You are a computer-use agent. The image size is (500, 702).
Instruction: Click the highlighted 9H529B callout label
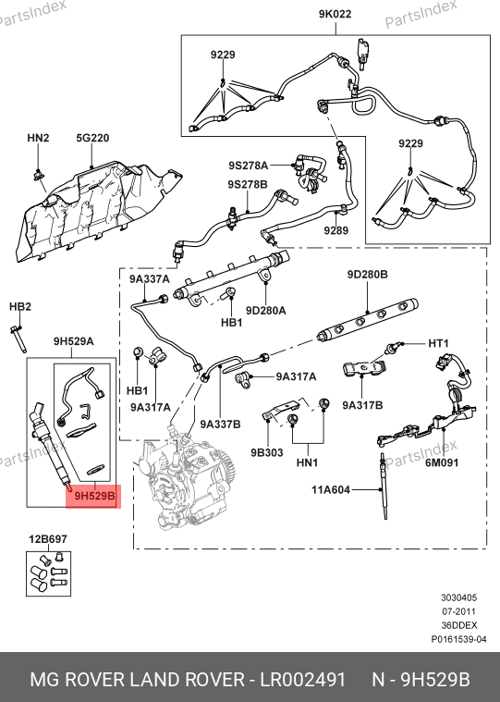click(x=94, y=496)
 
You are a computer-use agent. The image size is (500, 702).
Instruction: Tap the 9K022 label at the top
click(x=335, y=14)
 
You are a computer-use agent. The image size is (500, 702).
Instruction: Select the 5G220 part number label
click(x=92, y=138)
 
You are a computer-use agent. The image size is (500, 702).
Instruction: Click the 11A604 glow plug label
click(x=331, y=490)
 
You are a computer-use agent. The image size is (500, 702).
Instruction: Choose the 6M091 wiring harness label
click(x=442, y=462)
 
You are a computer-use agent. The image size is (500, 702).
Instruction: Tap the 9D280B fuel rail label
click(x=368, y=274)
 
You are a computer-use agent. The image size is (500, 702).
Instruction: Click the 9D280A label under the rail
click(x=265, y=310)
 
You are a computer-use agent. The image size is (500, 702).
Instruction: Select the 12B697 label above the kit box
click(x=48, y=539)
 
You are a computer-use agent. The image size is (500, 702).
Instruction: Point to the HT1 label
click(x=438, y=343)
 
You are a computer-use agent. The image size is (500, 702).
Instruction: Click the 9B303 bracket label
click(x=267, y=452)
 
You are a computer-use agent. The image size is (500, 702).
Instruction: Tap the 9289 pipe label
click(x=336, y=230)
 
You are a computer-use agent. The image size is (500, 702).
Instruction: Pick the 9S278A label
click(x=249, y=166)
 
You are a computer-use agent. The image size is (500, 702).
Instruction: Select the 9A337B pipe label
click(x=220, y=424)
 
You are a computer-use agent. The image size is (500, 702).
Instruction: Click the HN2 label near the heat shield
click(x=38, y=138)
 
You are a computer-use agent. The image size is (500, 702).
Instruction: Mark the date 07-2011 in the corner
click(x=458, y=611)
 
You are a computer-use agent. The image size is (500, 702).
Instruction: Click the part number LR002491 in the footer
click(x=303, y=680)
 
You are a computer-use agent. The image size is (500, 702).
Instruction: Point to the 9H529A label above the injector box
click(x=74, y=341)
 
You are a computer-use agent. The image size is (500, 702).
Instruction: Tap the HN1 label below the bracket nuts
click(x=307, y=462)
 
